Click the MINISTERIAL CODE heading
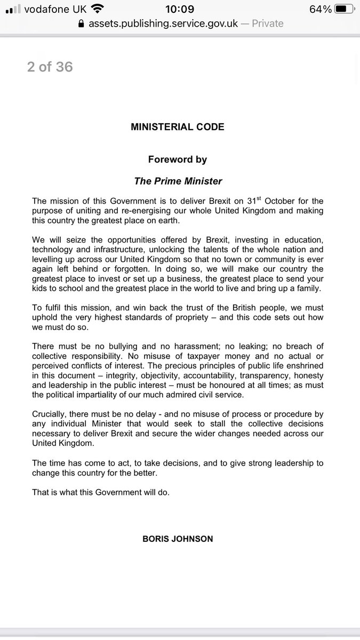pos(178,127)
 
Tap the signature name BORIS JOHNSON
pos(178,539)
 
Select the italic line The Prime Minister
pos(178,181)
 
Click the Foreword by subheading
pos(178,159)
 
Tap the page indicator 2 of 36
pos(50,67)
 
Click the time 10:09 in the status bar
pos(180,9)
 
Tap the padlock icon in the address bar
pos(81,24)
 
